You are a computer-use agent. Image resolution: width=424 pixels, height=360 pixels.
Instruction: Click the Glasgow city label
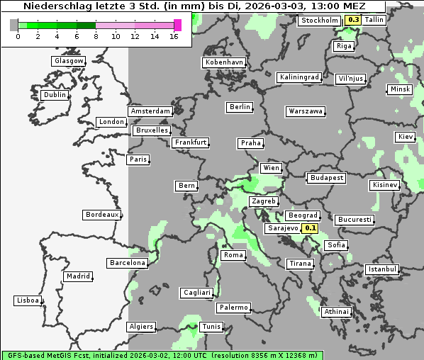69,61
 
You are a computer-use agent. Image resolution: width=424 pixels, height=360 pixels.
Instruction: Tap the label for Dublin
55,95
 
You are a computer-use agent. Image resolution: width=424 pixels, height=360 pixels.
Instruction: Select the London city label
111,122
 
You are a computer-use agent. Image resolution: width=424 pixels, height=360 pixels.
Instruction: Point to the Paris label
138,159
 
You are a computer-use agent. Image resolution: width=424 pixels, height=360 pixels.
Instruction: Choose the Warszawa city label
306,111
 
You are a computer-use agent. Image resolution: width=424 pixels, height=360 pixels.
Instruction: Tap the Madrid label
78,276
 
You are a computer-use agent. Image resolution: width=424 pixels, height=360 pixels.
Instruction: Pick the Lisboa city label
28,300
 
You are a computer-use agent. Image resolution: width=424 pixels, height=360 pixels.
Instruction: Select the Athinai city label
336,312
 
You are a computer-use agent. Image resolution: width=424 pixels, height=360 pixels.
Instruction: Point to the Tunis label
211,327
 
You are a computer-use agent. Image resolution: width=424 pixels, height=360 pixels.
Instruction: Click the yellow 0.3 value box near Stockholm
353,20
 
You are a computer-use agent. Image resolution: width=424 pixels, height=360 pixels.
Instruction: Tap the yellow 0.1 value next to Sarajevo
310,228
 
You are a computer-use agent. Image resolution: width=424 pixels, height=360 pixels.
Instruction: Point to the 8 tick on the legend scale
96,36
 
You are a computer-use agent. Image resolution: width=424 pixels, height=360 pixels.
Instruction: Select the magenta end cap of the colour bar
177,25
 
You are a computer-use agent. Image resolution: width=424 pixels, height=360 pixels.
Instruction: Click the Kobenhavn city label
224,62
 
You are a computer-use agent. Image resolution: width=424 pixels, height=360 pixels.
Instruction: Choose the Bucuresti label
355,220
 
